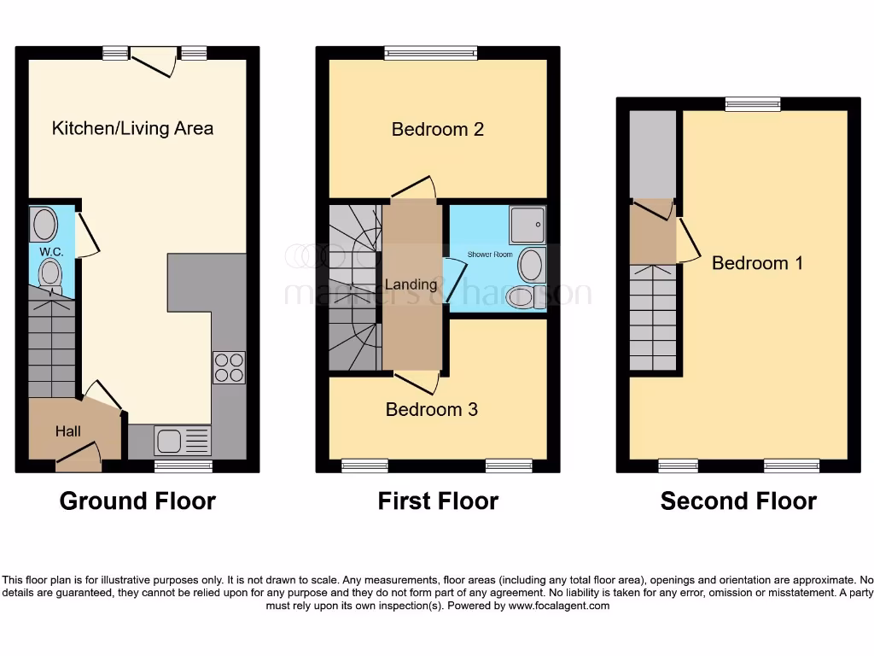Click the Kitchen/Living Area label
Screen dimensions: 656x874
132,128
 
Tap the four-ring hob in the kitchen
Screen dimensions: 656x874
229,367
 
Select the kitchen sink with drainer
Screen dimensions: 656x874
182,441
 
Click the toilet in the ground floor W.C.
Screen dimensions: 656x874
50,274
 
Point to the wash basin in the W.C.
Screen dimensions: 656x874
44,225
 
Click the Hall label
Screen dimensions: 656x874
68,431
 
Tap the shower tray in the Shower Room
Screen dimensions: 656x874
527,225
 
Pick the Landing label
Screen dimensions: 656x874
411,284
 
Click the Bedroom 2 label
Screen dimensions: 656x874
438,129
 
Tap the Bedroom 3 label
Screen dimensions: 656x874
432,409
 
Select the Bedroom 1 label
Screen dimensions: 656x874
757,263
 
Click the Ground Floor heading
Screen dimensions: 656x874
137,501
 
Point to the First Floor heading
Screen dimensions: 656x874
438,501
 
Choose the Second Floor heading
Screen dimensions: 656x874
738,501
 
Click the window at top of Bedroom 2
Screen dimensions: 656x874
430,53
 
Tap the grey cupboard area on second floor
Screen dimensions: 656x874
652,154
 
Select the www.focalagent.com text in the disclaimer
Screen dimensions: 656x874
559,606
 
